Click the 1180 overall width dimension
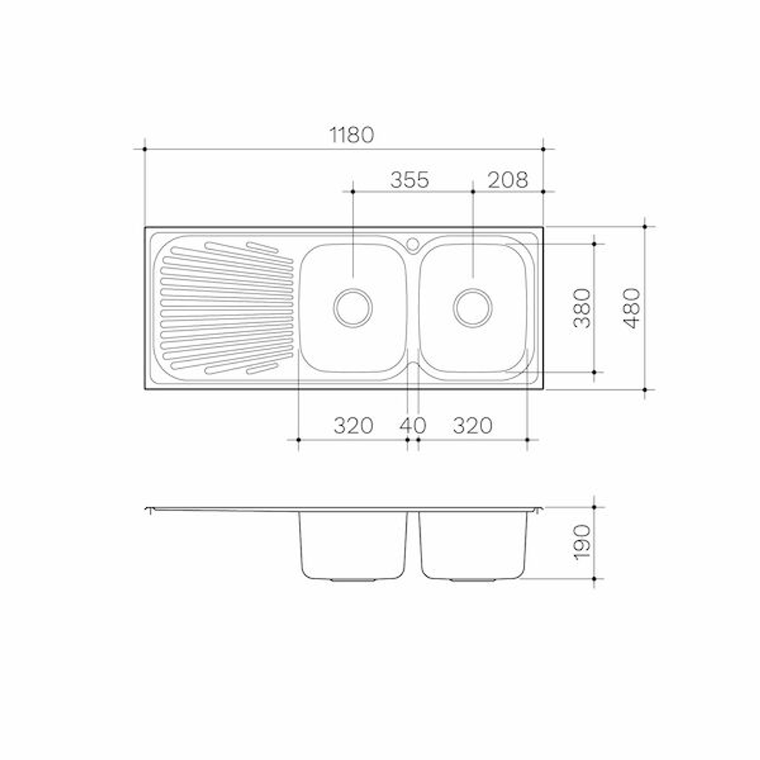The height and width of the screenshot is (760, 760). click(352, 135)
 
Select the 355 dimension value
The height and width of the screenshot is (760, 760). click(410, 180)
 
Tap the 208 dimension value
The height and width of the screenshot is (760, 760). click(507, 180)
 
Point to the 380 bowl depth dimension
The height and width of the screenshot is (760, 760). click(582, 308)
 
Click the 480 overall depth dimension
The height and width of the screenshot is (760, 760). click(633, 308)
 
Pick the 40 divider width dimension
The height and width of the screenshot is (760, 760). click(413, 426)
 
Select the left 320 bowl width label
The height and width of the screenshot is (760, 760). click(353, 426)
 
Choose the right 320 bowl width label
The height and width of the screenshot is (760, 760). click(472, 426)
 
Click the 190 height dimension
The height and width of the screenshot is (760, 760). click(582, 543)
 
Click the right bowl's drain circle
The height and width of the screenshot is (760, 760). click(472, 308)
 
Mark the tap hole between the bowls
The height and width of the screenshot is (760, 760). click(413, 244)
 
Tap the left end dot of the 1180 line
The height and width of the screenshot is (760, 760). click(144, 149)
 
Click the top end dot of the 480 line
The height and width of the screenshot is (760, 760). click(645, 227)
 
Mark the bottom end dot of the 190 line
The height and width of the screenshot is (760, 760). click(595, 579)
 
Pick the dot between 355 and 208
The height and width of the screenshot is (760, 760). click(472, 191)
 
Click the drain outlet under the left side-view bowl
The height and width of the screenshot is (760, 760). click(353, 581)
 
